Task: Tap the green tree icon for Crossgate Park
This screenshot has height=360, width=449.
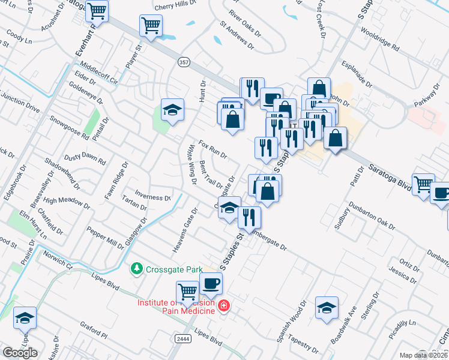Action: click(x=137, y=269)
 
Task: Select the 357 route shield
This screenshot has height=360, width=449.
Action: click(x=185, y=61)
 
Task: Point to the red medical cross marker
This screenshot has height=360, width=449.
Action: click(x=224, y=306)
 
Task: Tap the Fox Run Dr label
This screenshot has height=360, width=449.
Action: click(x=212, y=150)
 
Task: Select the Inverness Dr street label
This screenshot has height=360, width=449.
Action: click(x=152, y=197)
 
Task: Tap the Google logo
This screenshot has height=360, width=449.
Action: click(x=20, y=353)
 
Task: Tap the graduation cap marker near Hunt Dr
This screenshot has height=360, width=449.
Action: click(x=172, y=109)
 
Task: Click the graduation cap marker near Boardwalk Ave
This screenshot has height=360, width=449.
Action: click(x=327, y=307)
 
